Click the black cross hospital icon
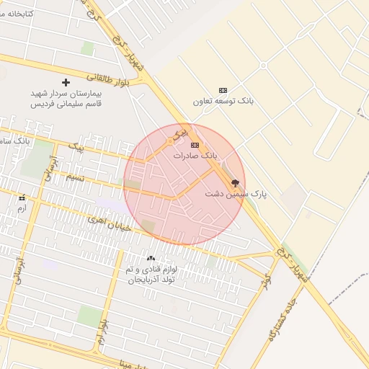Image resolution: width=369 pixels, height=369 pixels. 66,83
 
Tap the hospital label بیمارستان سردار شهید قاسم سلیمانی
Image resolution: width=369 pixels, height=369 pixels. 67,99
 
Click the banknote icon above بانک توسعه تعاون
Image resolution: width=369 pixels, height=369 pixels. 223,90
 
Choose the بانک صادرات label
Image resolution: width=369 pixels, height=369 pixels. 195,156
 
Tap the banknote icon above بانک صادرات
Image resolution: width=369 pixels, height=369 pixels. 195,145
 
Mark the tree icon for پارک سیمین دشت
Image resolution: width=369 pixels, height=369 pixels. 235,183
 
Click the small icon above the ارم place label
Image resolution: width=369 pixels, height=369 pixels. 22,197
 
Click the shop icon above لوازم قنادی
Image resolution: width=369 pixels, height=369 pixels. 151,259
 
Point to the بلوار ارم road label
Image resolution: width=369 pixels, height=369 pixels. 102,332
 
